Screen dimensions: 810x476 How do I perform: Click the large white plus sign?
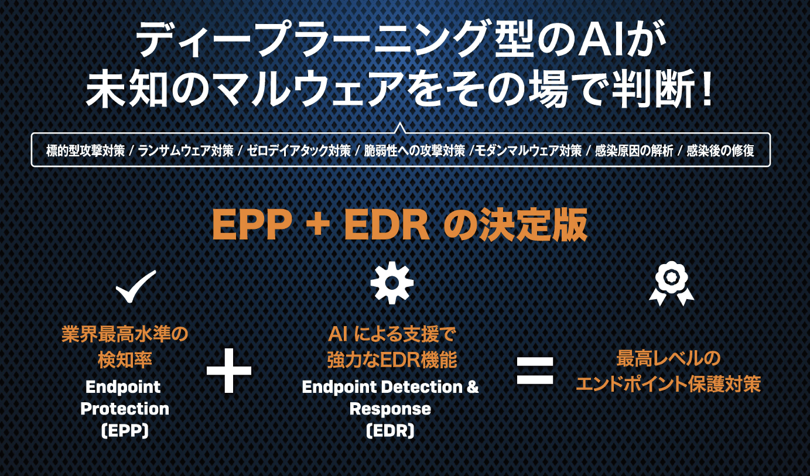[229, 371]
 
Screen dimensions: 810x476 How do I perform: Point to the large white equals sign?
[535, 371]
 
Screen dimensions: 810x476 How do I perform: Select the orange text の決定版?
[515, 226]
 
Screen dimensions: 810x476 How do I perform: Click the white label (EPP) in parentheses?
[125, 430]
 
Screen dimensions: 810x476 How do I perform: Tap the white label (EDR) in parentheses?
[390, 430]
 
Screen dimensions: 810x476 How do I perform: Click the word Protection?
[125, 409]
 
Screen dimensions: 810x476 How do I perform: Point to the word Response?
[390, 409]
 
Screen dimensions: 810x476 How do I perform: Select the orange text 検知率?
[125, 359]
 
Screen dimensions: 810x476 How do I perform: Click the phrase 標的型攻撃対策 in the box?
[86, 151]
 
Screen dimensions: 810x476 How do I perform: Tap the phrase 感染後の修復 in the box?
[720, 151]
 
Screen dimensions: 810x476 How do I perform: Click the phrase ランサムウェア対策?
[186, 151]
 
